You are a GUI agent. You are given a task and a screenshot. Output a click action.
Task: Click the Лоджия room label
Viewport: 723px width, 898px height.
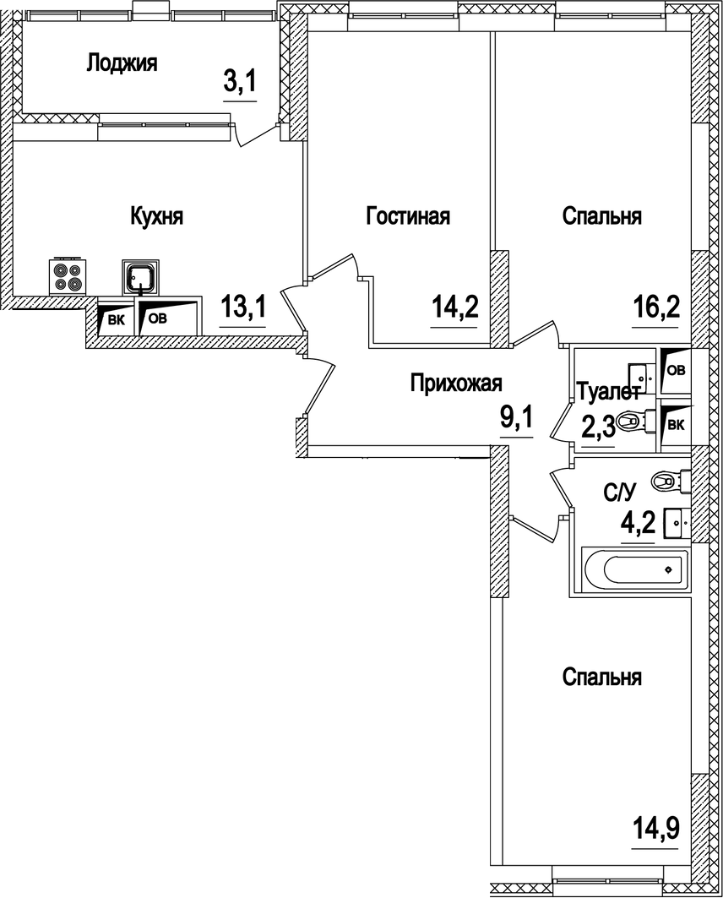pyautogui.click(x=122, y=63)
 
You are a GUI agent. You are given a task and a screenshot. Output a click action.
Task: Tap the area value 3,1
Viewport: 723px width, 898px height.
pyautogui.click(x=239, y=84)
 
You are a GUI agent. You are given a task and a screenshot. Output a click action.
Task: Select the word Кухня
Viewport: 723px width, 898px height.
pyautogui.click(x=156, y=216)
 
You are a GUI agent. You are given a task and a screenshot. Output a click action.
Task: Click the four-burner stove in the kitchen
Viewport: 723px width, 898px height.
pyautogui.click(x=67, y=275)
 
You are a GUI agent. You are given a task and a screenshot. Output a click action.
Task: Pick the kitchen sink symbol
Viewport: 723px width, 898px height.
pyautogui.click(x=139, y=275)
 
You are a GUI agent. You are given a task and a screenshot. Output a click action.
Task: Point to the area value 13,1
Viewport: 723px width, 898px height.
pyautogui.click(x=243, y=308)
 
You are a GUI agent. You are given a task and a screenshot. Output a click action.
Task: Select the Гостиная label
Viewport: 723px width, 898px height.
pyautogui.click(x=408, y=216)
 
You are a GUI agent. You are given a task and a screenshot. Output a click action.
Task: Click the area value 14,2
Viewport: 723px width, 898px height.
pyautogui.click(x=455, y=307)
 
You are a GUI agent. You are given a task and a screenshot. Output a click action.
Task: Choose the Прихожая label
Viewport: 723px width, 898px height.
pyautogui.click(x=456, y=384)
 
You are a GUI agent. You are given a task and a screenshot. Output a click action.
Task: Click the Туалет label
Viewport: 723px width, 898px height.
pyautogui.click(x=607, y=393)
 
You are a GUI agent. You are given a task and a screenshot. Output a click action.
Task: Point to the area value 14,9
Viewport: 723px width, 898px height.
pyautogui.click(x=657, y=824)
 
